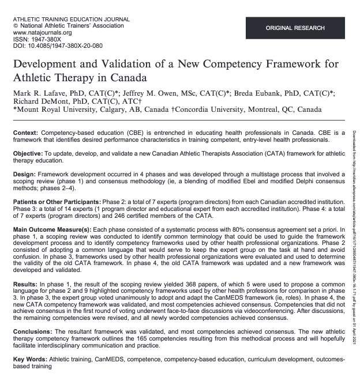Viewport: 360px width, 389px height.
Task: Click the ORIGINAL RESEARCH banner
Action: click(x=295, y=28)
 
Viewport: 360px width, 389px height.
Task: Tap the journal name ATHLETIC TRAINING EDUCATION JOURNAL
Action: click(x=70, y=19)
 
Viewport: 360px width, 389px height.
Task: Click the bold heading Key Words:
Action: click(x=31, y=359)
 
